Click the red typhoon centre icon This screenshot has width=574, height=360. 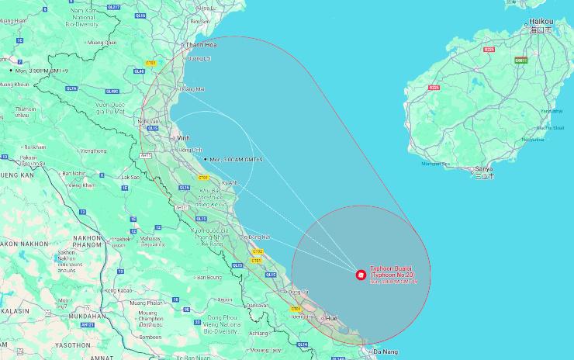[360, 274]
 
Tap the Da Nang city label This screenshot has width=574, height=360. [386, 353]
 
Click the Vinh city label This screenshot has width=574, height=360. [184, 137]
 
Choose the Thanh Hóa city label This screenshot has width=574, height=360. [200, 45]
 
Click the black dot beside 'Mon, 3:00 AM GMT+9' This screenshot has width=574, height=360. [205, 159]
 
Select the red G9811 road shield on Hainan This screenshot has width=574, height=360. [520, 60]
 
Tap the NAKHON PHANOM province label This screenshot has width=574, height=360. [88, 237]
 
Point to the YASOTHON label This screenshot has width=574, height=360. [72, 344]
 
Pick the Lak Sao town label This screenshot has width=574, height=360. [130, 177]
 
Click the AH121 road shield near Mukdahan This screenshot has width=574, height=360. [88, 325]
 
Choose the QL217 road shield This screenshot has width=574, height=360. [113, 6]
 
